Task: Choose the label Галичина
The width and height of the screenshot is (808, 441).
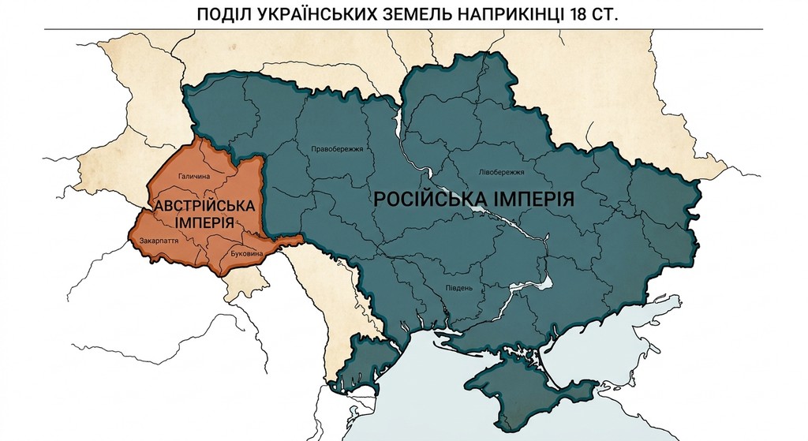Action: [195, 177]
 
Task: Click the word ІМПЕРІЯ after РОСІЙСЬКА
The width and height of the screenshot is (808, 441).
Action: [534, 198]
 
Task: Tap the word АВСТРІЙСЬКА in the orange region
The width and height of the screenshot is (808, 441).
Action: [204, 206]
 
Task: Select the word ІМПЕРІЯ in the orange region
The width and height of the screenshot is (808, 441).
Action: [204, 222]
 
